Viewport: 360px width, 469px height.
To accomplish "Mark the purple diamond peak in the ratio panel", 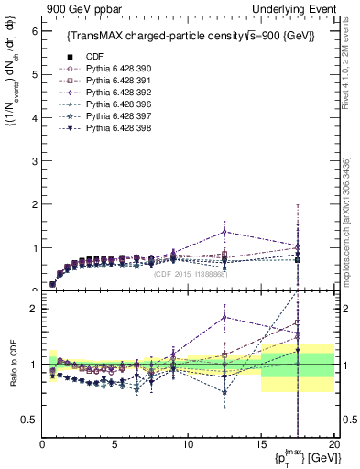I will (x=225, y=317).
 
